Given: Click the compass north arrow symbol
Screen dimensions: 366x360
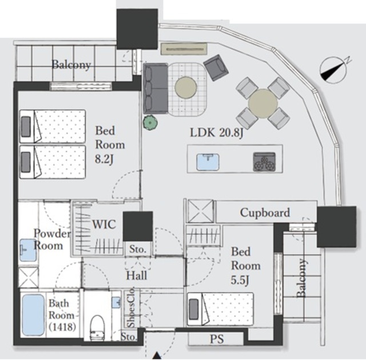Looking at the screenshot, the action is pos(333,70).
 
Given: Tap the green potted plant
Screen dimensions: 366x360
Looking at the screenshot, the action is pos(150,122).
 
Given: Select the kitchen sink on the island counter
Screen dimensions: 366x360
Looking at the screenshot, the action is pos(208,162).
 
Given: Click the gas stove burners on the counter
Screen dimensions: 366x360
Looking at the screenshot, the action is pos(264,162).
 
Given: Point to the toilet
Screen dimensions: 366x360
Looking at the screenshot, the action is pos(97,327).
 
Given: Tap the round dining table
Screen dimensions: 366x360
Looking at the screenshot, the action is pos(263,103).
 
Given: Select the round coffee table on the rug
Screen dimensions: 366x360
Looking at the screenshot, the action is pos(186,87).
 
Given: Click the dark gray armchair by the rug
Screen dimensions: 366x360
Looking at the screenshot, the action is pos(216,67).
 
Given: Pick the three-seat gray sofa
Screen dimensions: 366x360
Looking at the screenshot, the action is pos(156,89).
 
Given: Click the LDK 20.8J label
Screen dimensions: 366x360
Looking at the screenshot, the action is pos(217,133).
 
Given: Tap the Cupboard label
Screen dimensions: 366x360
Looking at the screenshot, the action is pos(265,213).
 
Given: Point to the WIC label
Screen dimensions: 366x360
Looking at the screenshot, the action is pos(104,225).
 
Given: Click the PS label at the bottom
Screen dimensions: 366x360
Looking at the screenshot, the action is pos(217,339).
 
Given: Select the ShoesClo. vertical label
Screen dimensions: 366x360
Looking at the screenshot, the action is pos(131,307).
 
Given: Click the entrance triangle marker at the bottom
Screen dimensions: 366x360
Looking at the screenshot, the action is pos(157,355).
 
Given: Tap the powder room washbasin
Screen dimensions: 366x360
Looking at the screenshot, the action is pos(27,250).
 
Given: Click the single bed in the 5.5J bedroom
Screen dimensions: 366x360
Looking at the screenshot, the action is pos(220,309).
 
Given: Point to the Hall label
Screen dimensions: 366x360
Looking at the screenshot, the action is pos(137,276).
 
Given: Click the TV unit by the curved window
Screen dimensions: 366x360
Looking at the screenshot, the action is pos(184,49).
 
